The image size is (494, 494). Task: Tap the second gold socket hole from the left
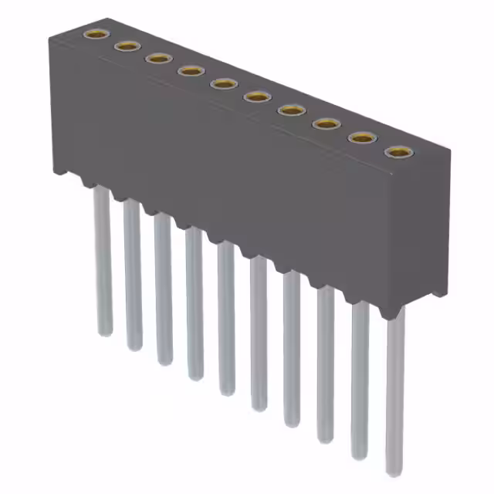click(126, 46)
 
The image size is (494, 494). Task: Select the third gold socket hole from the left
click(158, 59)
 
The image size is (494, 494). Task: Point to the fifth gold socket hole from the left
click(224, 83)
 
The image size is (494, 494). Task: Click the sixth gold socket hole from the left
click(257, 96)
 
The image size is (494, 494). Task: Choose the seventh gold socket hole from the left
click(291, 110)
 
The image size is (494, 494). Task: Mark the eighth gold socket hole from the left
click(325, 123)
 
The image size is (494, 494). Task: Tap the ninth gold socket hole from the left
click(360, 137)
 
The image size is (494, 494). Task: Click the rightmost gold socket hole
click(397, 152)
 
